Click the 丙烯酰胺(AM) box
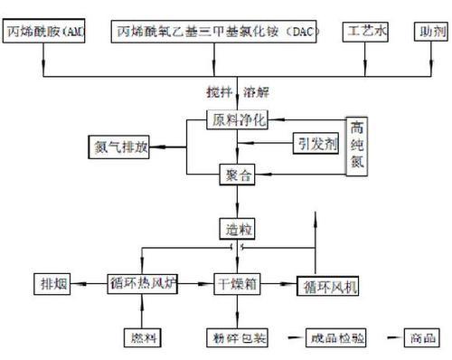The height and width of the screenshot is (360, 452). click(x=50, y=32)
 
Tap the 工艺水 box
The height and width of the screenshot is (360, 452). click(x=368, y=32)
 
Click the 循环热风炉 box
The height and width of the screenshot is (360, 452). click(x=142, y=283)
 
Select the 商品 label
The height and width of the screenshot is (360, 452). click(x=421, y=337)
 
